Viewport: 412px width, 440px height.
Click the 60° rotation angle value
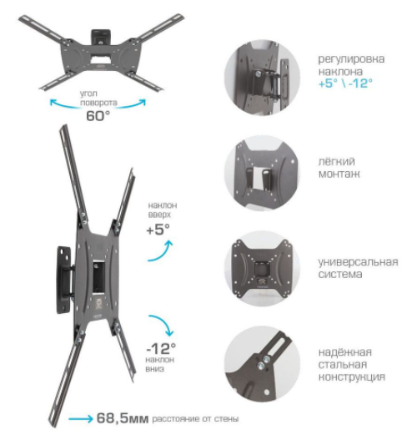[x=98, y=115]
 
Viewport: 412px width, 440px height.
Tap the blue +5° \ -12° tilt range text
[x=345, y=83]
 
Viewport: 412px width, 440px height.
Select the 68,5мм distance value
[x=123, y=418]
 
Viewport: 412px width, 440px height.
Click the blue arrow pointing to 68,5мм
[x=81, y=419]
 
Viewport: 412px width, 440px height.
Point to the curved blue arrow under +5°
[x=160, y=251]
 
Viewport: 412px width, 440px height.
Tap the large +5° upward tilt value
[x=158, y=230]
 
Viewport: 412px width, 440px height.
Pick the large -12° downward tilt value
[x=161, y=349]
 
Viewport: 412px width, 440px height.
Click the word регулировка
[x=351, y=59]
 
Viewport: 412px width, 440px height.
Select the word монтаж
[x=339, y=174]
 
